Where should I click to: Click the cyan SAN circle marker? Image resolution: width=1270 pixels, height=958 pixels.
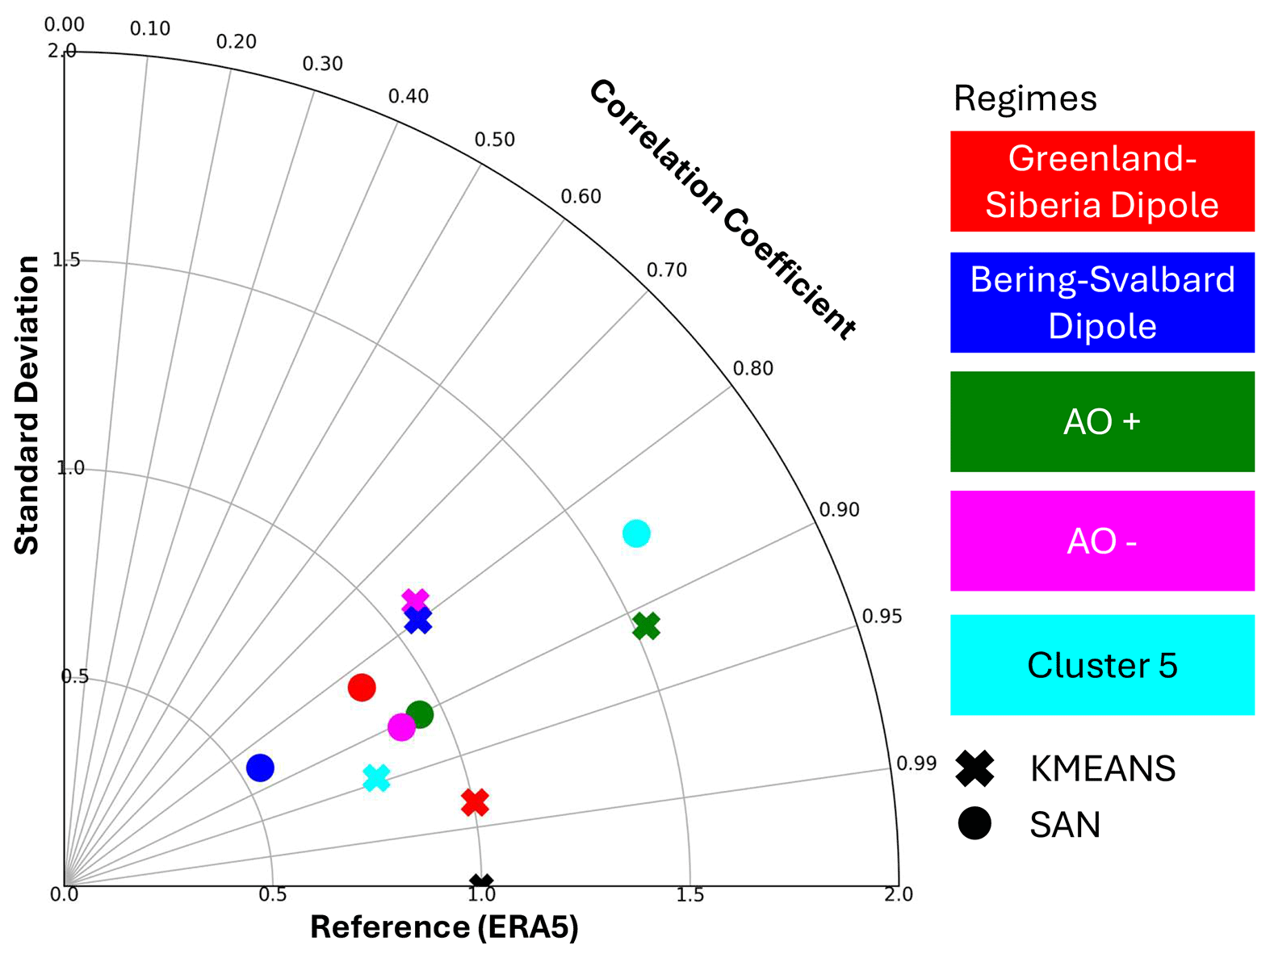[x=636, y=533]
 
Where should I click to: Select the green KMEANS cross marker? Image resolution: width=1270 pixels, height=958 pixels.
[x=646, y=625]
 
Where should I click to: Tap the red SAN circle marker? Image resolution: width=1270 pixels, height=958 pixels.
[x=362, y=688]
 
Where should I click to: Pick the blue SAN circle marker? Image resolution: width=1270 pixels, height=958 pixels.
[x=260, y=768]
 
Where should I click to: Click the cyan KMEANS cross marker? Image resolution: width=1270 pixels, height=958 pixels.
[x=376, y=778]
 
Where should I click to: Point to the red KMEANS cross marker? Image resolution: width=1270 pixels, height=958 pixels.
[x=475, y=802]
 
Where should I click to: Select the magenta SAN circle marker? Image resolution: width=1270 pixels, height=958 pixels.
[x=401, y=727]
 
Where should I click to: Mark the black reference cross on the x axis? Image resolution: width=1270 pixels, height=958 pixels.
[x=481, y=885]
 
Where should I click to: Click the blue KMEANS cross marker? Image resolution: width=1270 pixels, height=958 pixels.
[x=417, y=620]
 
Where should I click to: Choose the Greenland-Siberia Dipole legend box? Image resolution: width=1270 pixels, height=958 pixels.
[x=1102, y=182]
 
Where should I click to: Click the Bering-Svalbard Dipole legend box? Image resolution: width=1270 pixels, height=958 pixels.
[x=1102, y=303]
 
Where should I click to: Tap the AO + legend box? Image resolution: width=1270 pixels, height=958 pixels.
[x=1102, y=422]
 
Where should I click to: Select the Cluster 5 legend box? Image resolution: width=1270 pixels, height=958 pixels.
[x=1102, y=665]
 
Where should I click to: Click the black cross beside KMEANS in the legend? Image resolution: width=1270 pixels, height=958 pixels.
[x=975, y=768]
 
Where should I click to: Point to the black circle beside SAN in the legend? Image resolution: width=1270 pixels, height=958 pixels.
[x=975, y=823]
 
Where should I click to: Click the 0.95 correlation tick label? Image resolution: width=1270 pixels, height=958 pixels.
[x=882, y=617]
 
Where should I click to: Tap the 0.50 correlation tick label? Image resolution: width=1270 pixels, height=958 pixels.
[x=494, y=140]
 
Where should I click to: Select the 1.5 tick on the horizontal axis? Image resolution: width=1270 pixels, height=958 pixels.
[x=689, y=895]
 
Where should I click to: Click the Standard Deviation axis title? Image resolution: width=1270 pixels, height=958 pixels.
[x=27, y=405]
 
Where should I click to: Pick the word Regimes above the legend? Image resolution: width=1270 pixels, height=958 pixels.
[x=1025, y=99]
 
